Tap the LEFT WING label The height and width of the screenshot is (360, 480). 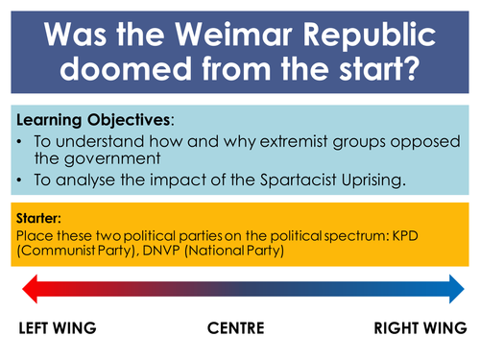pos(57,329)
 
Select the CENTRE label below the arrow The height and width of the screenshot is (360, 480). pos(237,329)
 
